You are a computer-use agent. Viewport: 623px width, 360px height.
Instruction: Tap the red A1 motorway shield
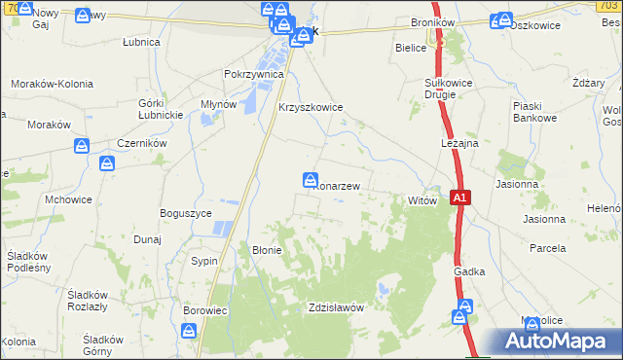click(461, 198)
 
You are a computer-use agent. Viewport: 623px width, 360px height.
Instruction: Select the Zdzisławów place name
click(335, 307)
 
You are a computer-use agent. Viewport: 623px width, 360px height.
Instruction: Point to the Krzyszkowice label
click(311, 108)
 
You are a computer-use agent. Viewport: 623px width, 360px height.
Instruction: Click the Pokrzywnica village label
click(253, 74)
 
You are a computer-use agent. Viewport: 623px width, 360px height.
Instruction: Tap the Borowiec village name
click(204, 311)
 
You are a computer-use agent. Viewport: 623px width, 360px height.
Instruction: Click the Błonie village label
click(267, 249)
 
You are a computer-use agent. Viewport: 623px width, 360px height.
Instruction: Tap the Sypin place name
click(204, 262)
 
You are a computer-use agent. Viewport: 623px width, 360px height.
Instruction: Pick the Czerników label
click(145, 142)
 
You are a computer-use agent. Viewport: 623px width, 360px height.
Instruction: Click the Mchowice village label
click(68, 199)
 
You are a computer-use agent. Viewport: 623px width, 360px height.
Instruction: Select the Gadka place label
click(468, 273)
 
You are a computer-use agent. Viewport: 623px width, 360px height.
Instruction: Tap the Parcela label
click(548, 248)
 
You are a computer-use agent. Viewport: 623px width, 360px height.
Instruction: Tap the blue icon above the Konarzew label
click(310, 180)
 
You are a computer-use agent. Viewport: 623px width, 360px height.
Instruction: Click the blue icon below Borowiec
click(190, 332)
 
